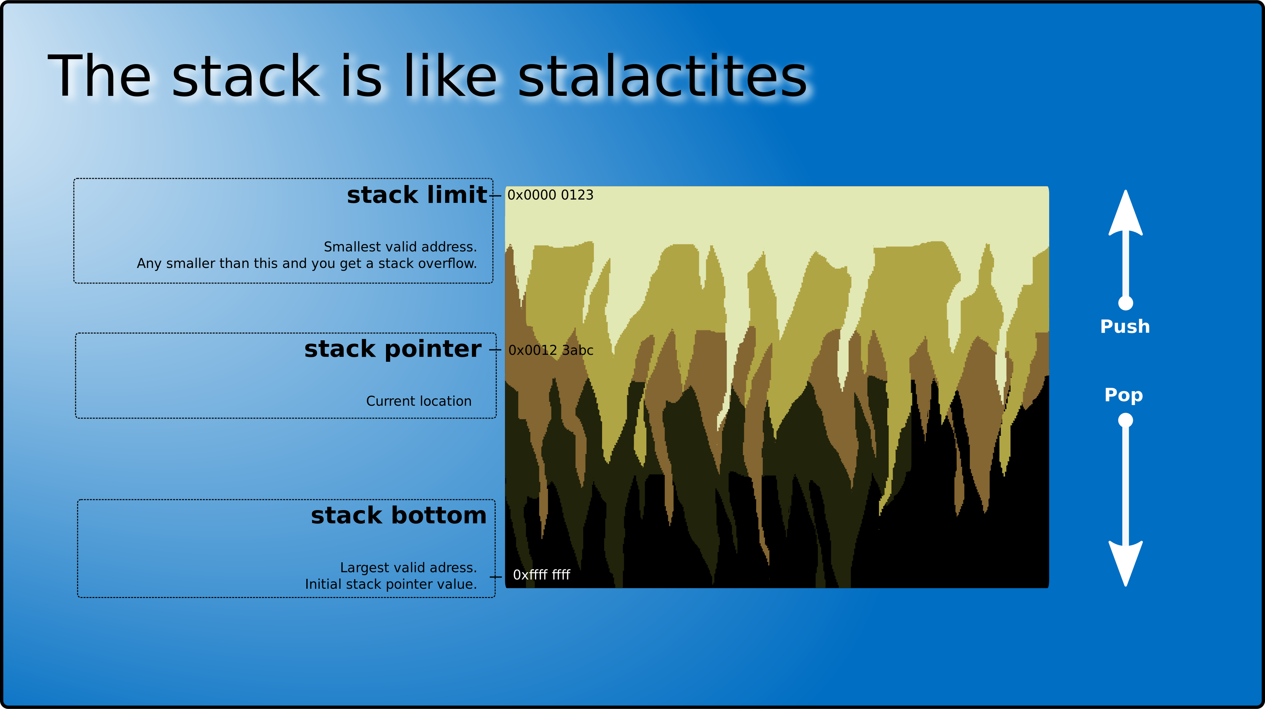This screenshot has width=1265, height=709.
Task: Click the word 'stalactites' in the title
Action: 663,76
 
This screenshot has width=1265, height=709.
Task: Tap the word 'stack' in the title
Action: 246,76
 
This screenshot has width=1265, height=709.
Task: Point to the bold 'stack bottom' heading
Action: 399,515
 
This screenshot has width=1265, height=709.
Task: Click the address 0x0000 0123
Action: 551,195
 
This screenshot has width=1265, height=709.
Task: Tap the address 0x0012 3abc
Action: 551,350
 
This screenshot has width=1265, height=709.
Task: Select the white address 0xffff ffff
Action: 542,575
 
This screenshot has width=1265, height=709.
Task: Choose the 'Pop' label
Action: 1124,395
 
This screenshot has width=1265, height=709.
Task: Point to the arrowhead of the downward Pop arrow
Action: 1126,564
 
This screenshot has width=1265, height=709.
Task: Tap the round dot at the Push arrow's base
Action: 1126,303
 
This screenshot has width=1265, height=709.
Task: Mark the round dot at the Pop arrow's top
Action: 1126,420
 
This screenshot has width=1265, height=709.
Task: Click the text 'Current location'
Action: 419,401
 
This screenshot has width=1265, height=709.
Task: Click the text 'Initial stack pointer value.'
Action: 391,584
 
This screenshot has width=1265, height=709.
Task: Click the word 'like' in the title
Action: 451,76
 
